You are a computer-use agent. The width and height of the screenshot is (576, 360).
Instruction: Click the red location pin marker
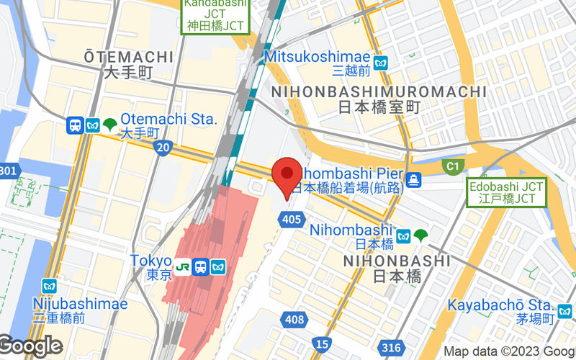(x=289, y=174)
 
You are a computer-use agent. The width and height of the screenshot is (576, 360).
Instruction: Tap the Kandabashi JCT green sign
(x=215, y=16)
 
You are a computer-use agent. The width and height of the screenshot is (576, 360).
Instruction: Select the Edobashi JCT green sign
(x=506, y=192)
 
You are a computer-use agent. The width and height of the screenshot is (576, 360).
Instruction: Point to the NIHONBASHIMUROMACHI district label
(x=378, y=92)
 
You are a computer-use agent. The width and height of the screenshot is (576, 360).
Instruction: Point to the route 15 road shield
(x=323, y=344)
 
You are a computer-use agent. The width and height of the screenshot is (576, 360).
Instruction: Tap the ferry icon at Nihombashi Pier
(x=414, y=179)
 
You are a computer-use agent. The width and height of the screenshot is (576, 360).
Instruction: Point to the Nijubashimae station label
(x=81, y=303)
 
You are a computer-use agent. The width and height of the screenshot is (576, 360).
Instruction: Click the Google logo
(x=30, y=347)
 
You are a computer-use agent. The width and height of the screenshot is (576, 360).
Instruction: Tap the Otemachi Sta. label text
(x=168, y=120)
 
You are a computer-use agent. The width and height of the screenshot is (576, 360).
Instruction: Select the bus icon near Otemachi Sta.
(x=75, y=125)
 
